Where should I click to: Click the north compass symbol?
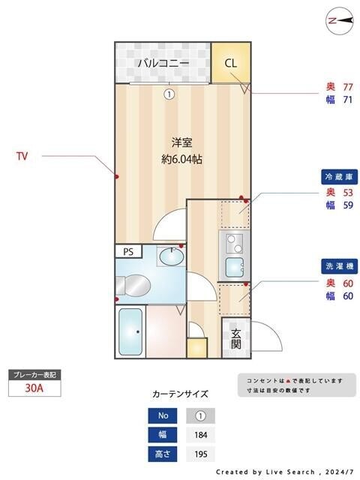coord(340,22)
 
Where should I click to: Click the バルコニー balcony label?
coord(163,63)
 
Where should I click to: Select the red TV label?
coord(22,157)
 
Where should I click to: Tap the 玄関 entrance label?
coord(235,339)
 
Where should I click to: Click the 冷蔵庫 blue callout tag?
coord(338,177)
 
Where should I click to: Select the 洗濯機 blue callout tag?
coord(338,266)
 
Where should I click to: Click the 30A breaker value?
coord(34,388)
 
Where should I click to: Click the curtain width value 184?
coord(200,434)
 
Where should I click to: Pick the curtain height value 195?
coord(200,454)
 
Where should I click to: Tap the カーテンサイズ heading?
coord(180,394)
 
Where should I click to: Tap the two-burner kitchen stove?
coord(235,243)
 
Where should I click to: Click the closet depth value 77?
coord(348,87)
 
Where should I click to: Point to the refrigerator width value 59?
coord(348,205)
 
